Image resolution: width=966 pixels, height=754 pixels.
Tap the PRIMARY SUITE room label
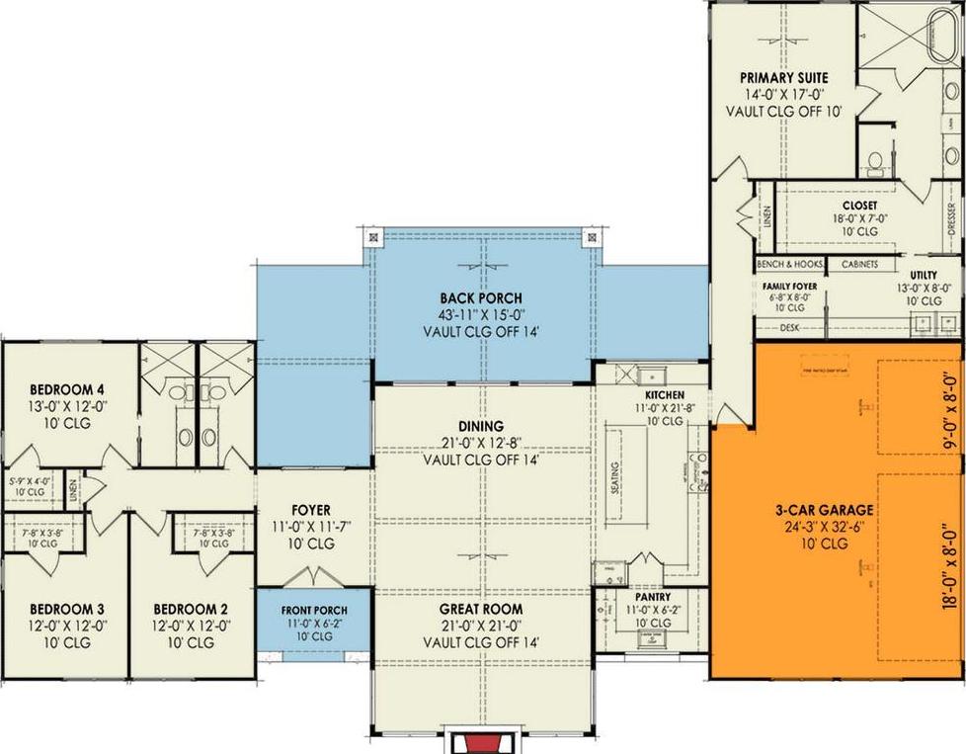pos(784,78)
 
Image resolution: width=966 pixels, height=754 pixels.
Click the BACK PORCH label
pos(481,297)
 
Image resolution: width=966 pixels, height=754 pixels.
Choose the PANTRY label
pos(653,598)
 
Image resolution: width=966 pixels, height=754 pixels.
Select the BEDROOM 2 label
pos(188,609)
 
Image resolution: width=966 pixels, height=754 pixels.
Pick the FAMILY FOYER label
pos(787,285)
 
